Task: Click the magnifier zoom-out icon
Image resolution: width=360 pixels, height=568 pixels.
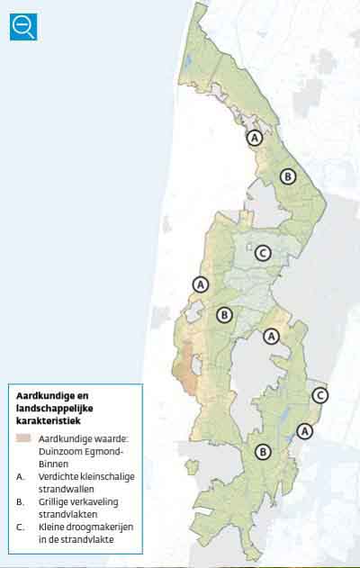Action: click(23, 26)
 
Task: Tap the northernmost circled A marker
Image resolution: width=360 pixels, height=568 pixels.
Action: click(255, 138)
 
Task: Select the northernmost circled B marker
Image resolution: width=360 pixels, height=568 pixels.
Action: click(287, 176)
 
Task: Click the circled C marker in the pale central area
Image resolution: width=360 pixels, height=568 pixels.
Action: click(263, 253)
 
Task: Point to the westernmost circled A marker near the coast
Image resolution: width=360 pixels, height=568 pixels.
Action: click(200, 284)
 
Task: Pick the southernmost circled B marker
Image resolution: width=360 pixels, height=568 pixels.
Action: click(263, 452)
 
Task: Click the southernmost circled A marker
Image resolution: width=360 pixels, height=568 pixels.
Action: click(305, 431)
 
